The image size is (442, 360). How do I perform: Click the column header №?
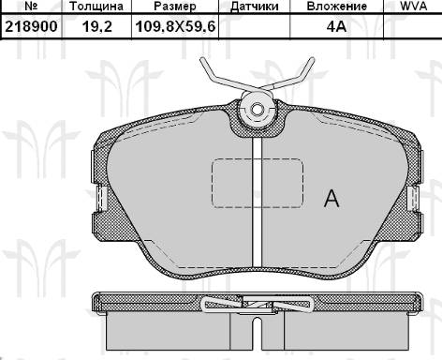point(28,7)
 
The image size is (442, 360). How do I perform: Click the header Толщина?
point(96,7)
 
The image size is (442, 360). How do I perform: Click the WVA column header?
point(413,7)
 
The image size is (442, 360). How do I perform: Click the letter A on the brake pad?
point(330,198)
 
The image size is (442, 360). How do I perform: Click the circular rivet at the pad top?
point(257,111)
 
